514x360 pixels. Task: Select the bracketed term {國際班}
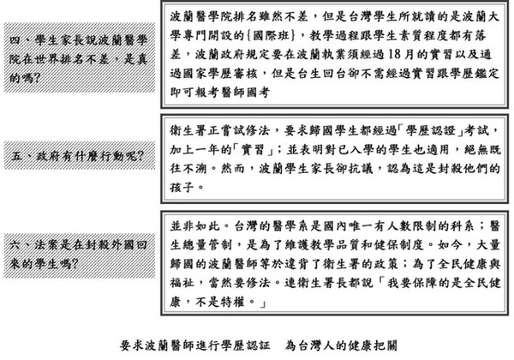271,35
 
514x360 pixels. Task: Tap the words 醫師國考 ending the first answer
246,93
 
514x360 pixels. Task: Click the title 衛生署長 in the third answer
322,283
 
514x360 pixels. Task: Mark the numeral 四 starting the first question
15,40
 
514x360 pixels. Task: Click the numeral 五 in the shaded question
17,156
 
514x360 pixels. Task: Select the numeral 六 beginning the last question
15,244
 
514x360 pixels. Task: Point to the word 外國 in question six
123,244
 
